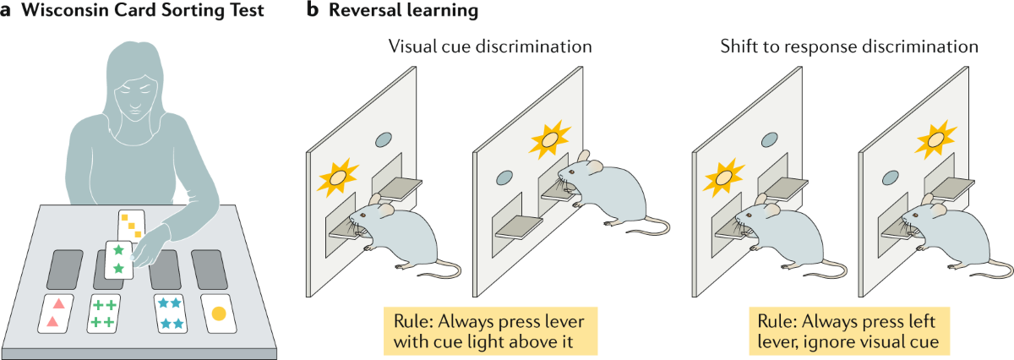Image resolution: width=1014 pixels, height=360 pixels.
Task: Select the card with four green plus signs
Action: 106,313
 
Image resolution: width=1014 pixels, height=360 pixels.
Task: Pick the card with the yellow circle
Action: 218,314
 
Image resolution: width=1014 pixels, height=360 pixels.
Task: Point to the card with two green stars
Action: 119,259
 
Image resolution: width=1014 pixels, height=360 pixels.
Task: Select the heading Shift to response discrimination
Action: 849,47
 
